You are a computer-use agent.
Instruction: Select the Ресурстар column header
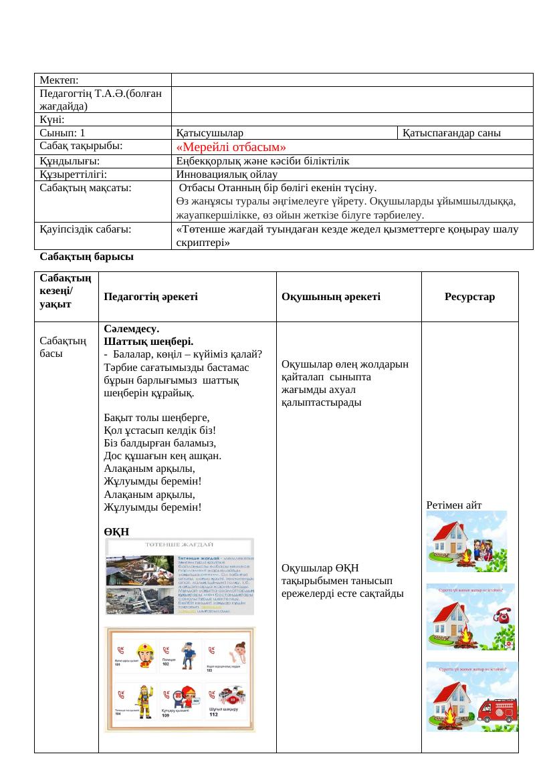[469, 297]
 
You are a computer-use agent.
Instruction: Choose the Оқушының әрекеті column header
[331, 297]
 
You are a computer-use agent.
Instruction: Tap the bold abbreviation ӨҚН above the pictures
[116, 531]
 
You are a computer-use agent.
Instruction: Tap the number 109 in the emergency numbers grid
[165, 716]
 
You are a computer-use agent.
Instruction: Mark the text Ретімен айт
[452, 505]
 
